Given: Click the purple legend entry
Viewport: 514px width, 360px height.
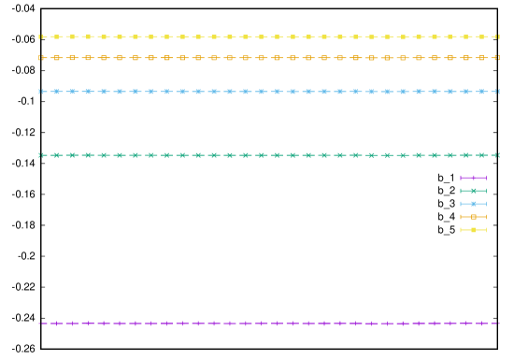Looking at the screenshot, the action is (x=473, y=178).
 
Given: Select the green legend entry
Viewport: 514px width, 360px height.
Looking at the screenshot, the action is (x=473, y=191).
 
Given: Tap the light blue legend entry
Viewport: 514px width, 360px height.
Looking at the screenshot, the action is (x=473, y=204).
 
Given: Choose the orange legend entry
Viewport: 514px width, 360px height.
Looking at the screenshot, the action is (x=473, y=217).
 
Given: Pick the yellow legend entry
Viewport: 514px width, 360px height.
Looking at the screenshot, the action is (x=473, y=230).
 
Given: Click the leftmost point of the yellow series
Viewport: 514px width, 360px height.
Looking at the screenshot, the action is (x=40, y=37).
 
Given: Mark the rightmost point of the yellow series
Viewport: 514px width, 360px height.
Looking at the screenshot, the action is (x=497, y=37).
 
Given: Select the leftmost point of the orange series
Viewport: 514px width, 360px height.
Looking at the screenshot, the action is (x=40, y=58).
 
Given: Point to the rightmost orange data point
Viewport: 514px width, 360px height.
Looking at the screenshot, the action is (x=497, y=58).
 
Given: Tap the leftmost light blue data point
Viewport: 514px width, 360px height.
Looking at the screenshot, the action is (x=40, y=92).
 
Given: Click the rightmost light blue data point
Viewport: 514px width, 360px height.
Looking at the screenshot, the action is (x=497, y=92).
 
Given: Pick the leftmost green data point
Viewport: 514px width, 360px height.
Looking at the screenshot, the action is (x=40, y=155).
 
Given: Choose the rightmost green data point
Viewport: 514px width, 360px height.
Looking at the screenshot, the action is (x=497, y=155).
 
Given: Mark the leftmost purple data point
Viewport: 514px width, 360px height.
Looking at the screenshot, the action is (x=40, y=324).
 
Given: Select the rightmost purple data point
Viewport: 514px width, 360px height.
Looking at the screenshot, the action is (x=497, y=324).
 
